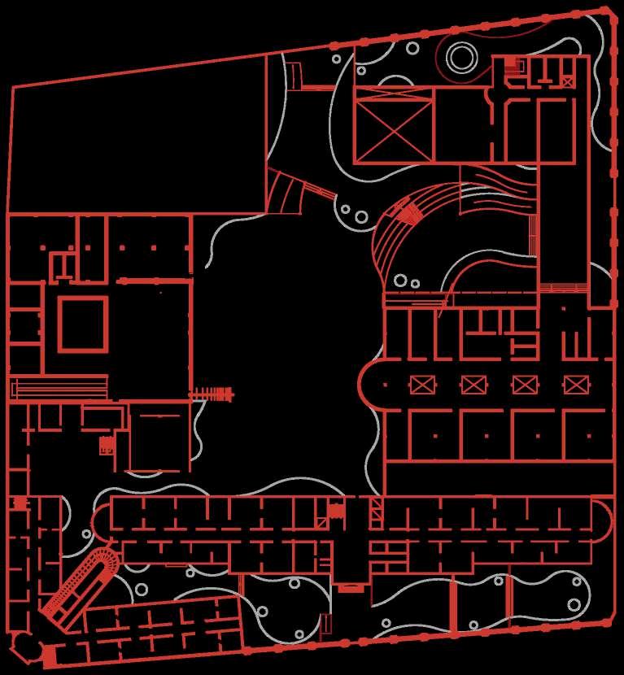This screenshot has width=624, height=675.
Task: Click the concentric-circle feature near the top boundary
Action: click(460, 57)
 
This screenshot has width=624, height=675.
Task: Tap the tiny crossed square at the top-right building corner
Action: click(567, 81)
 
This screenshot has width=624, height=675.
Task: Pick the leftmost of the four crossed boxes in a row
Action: click(421, 384)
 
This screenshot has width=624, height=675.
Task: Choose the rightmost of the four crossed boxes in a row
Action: click(575, 384)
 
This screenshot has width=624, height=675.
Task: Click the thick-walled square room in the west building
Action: click(82, 324)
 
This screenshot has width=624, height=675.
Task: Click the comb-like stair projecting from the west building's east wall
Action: click(213, 394)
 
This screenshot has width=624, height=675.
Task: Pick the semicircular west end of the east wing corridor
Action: click(371, 385)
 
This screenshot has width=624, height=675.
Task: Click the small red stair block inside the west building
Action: click(107, 445)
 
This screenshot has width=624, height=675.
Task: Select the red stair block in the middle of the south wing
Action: click(336, 511)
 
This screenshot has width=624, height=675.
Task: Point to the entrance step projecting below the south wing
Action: click(351, 587)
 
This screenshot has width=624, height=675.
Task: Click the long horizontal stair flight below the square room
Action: click(59, 387)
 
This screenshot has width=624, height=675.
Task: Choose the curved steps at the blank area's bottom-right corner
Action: click(286, 193)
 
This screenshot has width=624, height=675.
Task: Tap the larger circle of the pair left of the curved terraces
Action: click(360, 216)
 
